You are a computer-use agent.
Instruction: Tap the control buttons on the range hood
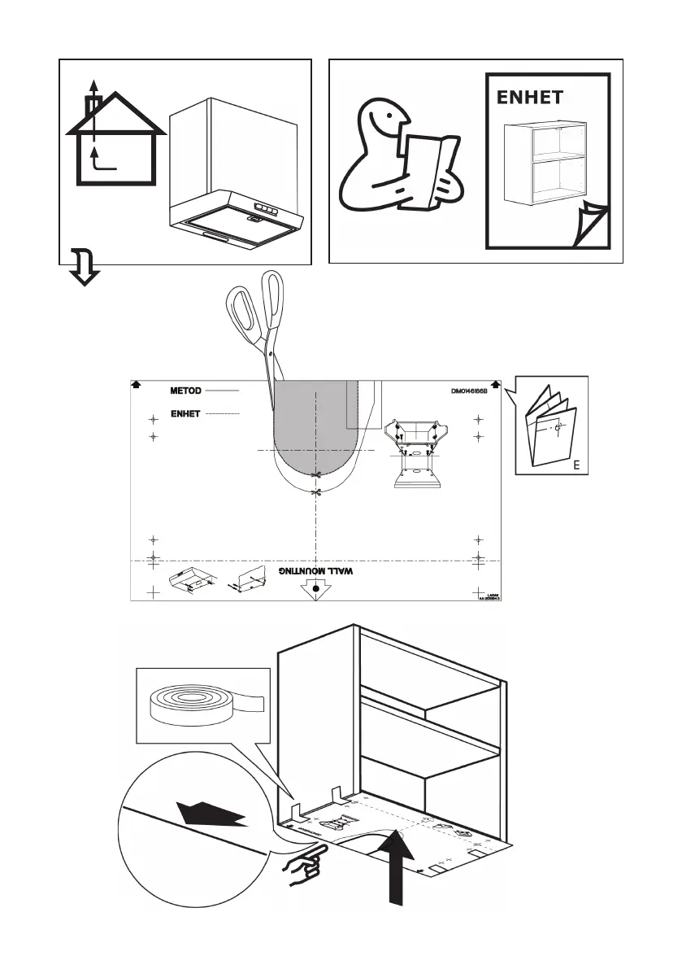click(262, 208)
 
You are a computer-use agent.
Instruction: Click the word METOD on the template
click(185, 391)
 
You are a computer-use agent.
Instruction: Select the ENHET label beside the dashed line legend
click(185, 414)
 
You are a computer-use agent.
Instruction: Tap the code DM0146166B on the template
click(475, 391)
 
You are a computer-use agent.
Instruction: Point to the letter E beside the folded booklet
click(576, 466)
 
